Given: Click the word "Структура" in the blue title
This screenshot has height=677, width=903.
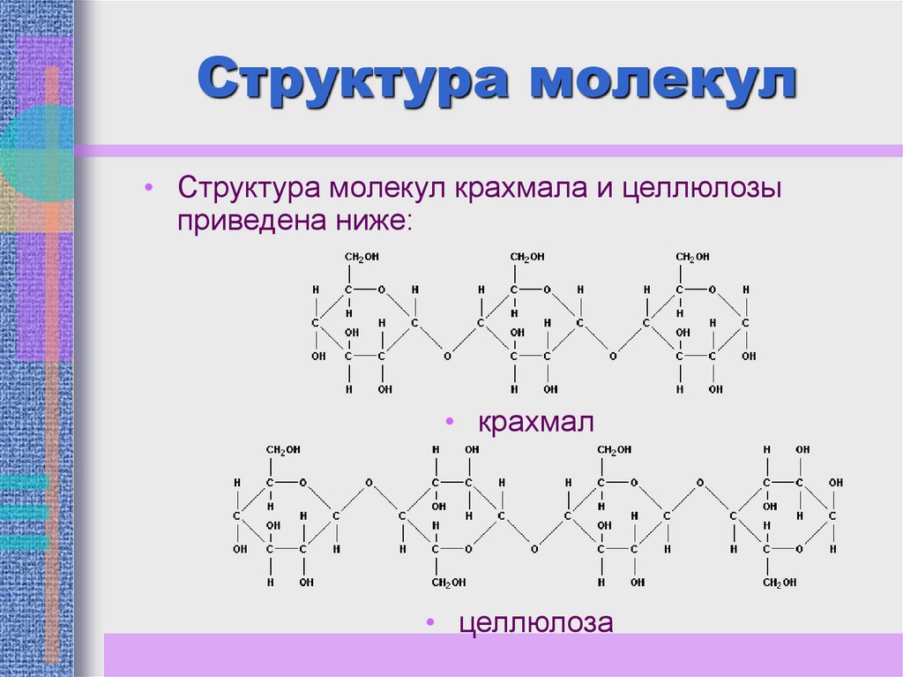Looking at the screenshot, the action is pos(354,80).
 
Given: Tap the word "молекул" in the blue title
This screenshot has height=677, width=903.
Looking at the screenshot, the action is pos(662,80).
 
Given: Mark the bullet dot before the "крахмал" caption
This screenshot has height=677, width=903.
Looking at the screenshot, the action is pos(450,422).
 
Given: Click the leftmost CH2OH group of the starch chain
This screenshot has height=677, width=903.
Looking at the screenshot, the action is pos(362,257).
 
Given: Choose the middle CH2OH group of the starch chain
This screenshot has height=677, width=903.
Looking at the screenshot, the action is pos(527,257).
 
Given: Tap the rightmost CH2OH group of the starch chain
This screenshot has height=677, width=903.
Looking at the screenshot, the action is pos(693,257).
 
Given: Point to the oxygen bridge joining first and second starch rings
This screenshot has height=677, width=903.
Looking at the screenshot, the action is pos(447,357).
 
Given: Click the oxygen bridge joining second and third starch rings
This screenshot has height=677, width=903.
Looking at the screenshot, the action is pos(613,357).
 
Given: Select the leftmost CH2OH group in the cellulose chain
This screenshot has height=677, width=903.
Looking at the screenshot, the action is pos(284,450).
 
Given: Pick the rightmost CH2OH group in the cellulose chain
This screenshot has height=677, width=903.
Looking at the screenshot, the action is pos(780,583).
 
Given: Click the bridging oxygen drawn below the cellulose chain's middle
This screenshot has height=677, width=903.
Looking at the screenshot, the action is pos(534,549).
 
